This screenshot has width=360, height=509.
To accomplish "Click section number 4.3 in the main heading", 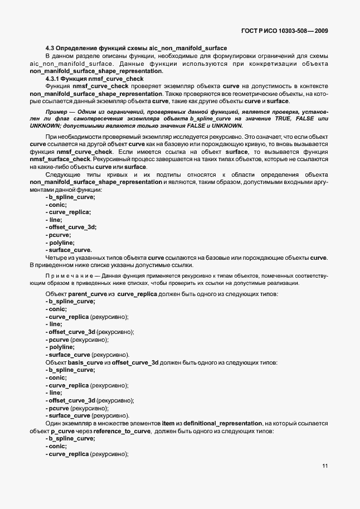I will pos(50,49).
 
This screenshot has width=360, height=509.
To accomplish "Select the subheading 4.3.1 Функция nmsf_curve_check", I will pos(95,79).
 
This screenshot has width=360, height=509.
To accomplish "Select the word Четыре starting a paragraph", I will pos(56,257).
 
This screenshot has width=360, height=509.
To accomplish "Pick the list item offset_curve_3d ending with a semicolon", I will pos(72,227).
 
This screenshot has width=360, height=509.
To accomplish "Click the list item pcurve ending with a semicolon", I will pos(61,235).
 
